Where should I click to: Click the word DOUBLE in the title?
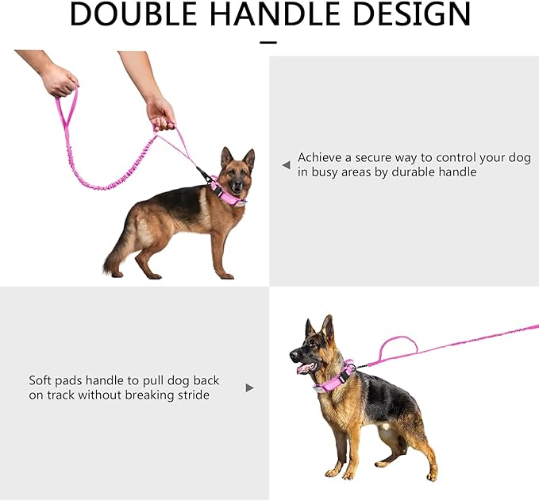(133, 13)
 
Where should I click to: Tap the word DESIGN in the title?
(411, 13)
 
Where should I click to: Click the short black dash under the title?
(268, 42)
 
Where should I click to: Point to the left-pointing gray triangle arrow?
(286, 165)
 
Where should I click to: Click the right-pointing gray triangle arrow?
(250, 388)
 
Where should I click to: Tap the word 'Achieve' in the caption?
(320, 157)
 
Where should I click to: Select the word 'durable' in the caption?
(413, 171)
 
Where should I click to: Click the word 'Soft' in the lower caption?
(40, 380)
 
